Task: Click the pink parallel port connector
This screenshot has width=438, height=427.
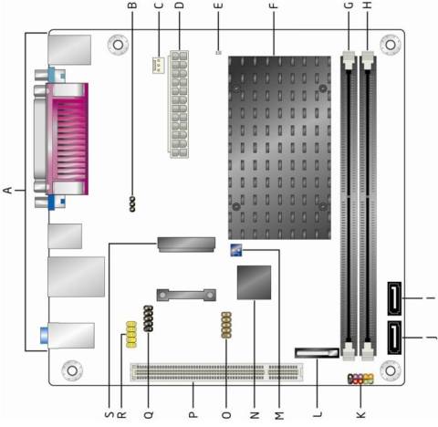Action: [x=68, y=139]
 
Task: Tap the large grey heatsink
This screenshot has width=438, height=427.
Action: [x=279, y=148]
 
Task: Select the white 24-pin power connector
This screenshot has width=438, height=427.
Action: [x=179, y=104]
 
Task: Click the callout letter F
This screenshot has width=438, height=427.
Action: [x=274, y=5]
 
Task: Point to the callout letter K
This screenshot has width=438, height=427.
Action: [x=360, y=414]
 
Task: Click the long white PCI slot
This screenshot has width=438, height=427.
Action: [x=216, y=372]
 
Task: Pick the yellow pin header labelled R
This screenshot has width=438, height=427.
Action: [x=131, y=335]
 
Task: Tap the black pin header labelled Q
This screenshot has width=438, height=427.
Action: [x=149, y=318]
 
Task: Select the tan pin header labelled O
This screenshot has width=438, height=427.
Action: [x=226, y=325]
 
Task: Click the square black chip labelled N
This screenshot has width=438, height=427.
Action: [x=254, y=282]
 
